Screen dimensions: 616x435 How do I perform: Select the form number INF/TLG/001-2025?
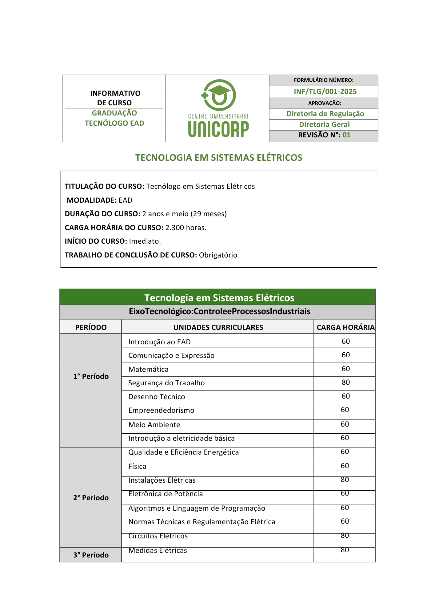coord(325,91)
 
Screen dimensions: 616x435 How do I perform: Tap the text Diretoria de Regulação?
coord(325,114)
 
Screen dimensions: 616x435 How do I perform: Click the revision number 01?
coord(346,135)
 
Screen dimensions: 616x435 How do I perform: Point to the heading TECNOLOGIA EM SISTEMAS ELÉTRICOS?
coord(219,158)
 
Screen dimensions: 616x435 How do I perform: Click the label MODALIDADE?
coord(92,200)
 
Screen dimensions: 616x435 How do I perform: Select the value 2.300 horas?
coord(186,228)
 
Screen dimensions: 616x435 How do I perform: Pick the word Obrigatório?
coord(218,255)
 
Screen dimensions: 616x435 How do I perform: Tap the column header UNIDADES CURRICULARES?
coord(218,327)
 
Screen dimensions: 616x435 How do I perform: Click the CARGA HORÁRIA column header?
coord(345,327)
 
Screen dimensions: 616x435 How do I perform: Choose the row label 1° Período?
coord(91,376)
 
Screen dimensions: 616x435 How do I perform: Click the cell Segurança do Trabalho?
coord(166,383)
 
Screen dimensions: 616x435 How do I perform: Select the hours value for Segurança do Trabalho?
coord(346,382)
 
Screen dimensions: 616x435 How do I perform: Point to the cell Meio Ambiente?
coord(154,425)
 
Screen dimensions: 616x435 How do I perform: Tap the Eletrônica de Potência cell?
coord(166,494)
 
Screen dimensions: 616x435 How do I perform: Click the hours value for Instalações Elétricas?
coord(345,480)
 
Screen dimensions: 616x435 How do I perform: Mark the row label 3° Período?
coord(91,555)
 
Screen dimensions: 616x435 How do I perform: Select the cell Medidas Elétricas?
coord(158,550)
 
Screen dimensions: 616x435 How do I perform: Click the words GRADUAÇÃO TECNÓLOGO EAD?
coord(114,118)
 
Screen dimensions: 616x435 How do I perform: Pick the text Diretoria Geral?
coord(324,124)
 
